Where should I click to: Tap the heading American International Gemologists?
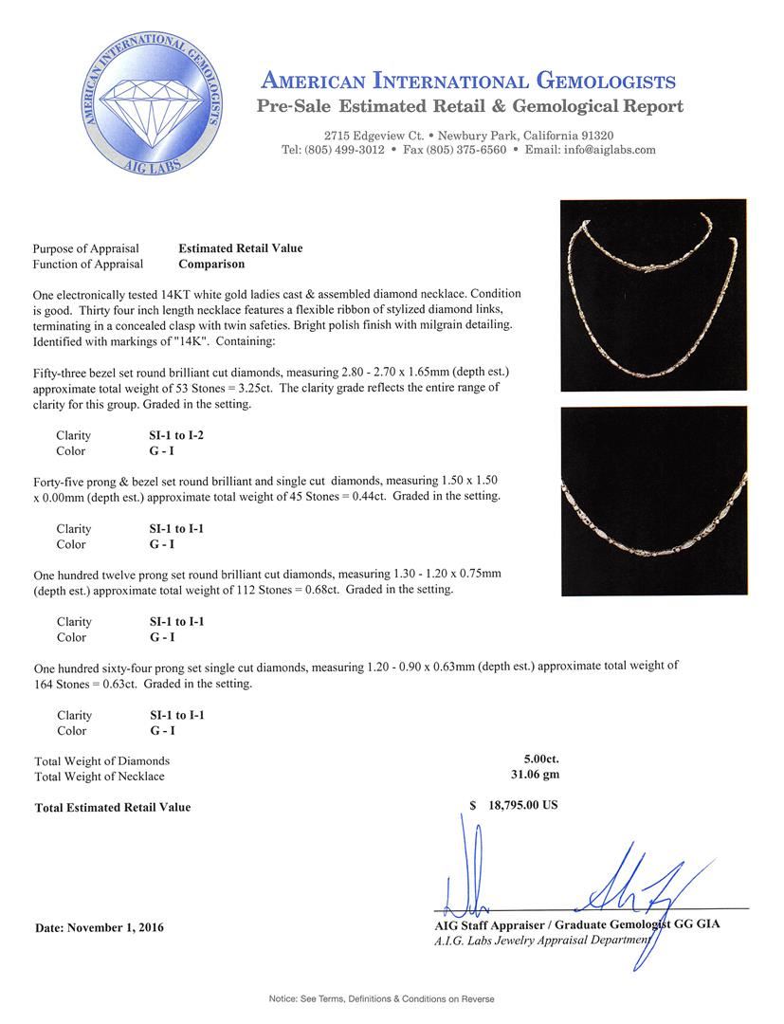[468, 81]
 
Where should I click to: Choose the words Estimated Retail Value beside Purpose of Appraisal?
[241, 248]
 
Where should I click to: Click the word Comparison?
[211, 264]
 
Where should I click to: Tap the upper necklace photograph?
[653, 295]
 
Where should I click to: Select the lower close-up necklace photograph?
[653, 501]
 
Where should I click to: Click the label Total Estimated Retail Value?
[113, 807]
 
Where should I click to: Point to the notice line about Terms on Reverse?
[382, 998]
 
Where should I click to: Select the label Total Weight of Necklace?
[100, 777]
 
